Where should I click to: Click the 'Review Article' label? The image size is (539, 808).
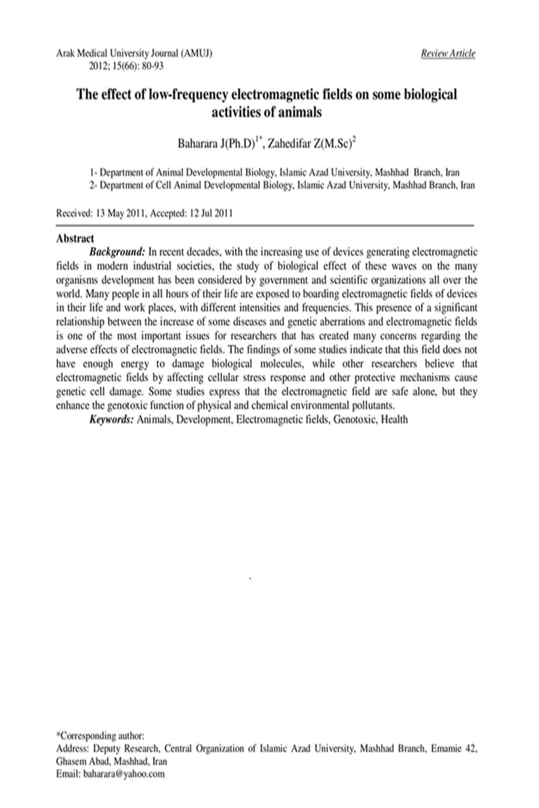tap(448, 53)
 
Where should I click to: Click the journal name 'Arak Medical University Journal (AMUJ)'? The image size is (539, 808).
tap(135, 53)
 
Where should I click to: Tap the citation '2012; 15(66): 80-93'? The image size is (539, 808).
tap(127, 66)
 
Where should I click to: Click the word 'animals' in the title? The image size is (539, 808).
tap(296, 111)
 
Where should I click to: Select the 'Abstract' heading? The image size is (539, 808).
tap(75, 238)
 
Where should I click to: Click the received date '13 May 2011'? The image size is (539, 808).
tap(128, 213)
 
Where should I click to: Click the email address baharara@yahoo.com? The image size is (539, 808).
tap(124, 774)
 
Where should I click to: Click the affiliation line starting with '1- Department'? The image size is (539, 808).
tap(275, 172)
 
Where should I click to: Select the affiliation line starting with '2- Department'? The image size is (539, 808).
tap(282, 184)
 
